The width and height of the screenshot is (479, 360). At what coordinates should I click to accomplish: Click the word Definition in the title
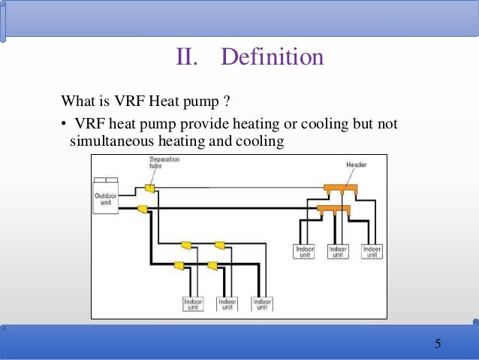pyautogui.click(x=273, y=57)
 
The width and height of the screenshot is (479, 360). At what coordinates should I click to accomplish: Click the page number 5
pyautogui.click(x=438, y=344)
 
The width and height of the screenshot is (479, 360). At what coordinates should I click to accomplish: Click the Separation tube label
pyautogui.click(x=164, y=163)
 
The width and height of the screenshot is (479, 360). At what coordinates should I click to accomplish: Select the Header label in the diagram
pyautogui.click(x=356, y=164)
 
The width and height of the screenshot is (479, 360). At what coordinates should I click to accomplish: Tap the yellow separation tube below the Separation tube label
pyautogui.click(x=149, y=187)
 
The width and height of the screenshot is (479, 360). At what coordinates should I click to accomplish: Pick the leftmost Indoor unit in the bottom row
pyautogui.click(x=193, y=304)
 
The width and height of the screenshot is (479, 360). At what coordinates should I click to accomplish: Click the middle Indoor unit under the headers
pyautogui.click(x=338, y=250)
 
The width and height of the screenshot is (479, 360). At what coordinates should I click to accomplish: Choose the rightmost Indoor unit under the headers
pyautogui.click(x=372, y=250)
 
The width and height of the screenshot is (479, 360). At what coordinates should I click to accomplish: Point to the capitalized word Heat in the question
pyautogui.click(x=159, y=101)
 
